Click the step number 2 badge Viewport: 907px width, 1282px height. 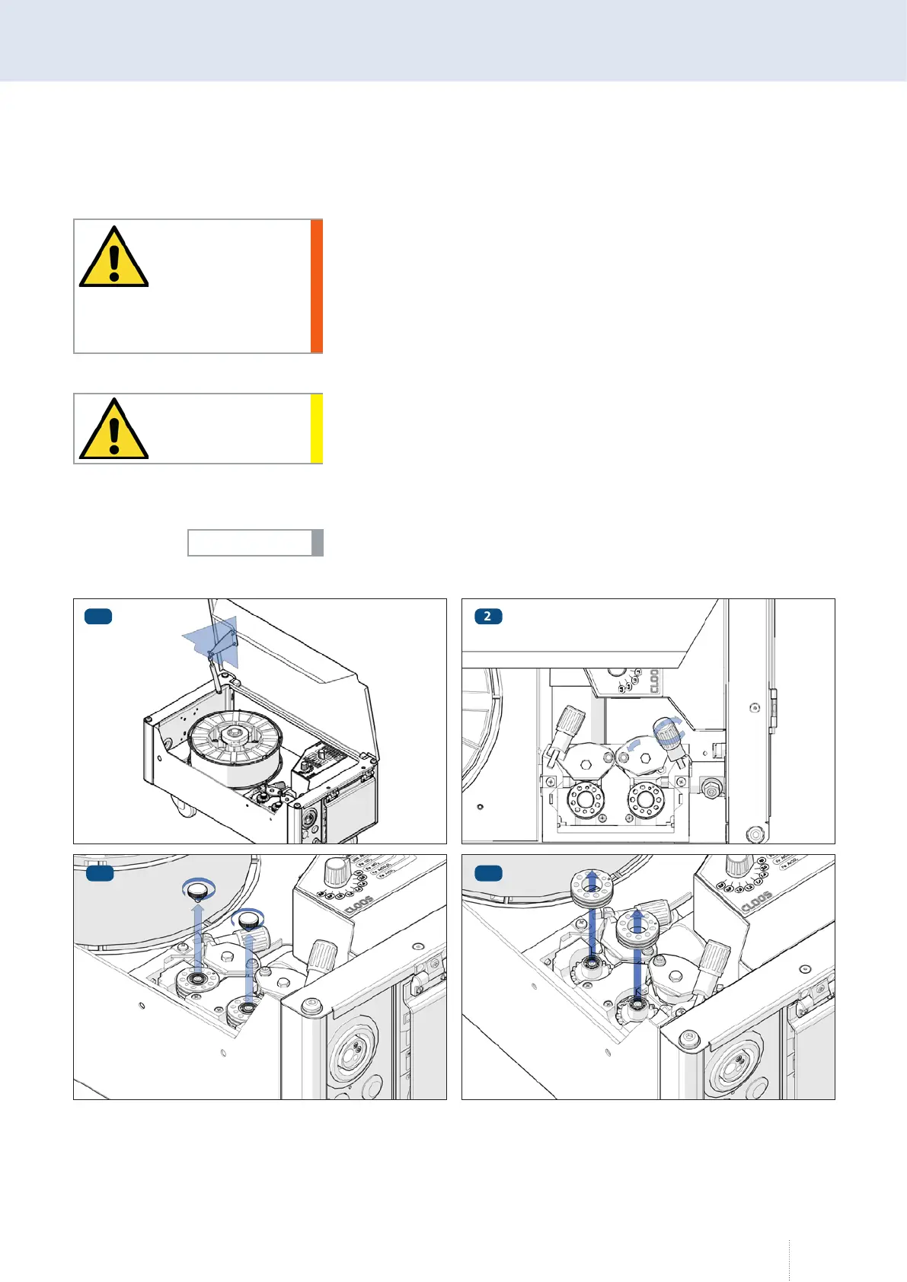(x=487, y=616)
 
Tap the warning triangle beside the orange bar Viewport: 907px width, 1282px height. (x=113, y=258)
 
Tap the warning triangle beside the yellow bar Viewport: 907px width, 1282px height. (x=113, y=430)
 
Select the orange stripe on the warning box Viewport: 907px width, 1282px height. (x=317, y=285)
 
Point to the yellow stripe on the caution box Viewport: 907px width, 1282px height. (x=317, y=429)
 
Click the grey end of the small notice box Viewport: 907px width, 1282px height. (x=318, y=543)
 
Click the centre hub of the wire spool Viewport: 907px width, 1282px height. (x=235, y=734)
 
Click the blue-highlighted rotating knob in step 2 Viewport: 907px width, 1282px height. (x=667, y=734)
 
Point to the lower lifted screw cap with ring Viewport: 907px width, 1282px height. (x=250, y=920)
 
